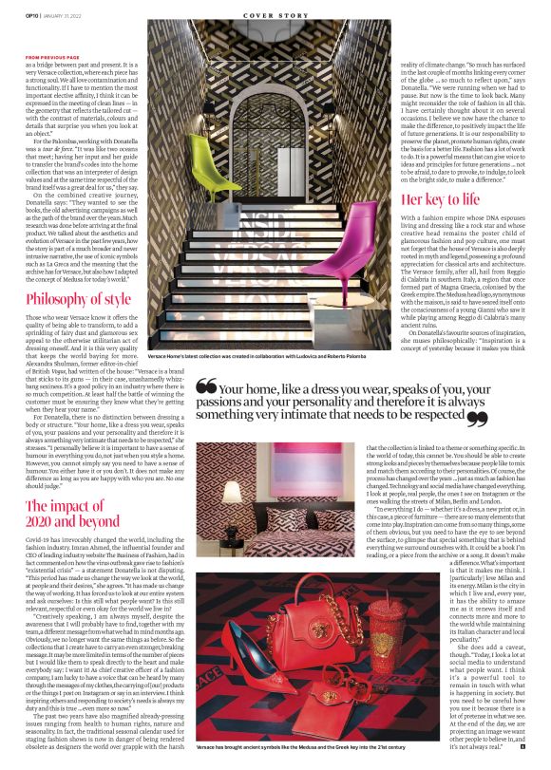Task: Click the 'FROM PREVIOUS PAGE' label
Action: point(52,57)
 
